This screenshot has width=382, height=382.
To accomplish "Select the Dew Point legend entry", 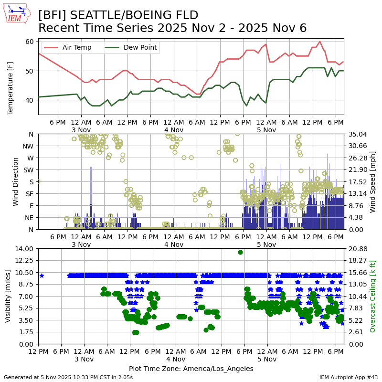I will (x=139, y=47).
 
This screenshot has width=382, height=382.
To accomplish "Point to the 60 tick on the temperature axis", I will (x=29, y=42).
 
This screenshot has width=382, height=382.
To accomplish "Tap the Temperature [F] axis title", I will (x=11, y=77).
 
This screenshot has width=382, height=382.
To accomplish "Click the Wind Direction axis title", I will (x=16, y=181).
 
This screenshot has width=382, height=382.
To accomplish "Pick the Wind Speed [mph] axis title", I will (x=373, y=181).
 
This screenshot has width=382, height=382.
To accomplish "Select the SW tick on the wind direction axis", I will (x=29, y=170).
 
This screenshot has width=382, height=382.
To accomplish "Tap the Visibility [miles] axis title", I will (x=8, y=296).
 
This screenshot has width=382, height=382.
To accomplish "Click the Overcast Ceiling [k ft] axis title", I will (x=373, y=296).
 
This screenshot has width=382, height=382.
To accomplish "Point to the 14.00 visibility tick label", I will (x=23, y=249).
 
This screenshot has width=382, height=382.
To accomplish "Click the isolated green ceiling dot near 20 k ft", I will (x=240, y=252).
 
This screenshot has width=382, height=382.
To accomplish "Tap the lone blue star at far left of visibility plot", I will (x=42, y=276).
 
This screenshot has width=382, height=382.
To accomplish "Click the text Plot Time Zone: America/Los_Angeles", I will (x=191, y=369).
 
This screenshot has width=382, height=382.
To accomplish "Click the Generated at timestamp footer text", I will (x=68, y=377).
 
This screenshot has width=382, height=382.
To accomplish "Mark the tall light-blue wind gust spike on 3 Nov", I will (x=91, y=191).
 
